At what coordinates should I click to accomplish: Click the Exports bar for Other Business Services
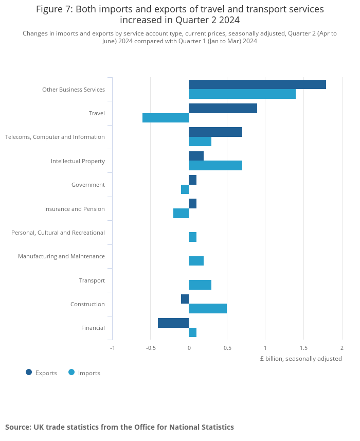(x=257, y=84)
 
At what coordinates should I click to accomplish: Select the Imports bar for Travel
(x=166, y=118)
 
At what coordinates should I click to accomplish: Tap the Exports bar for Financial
(x=173, y=323)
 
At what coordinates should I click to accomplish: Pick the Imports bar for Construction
(x=208, y=308)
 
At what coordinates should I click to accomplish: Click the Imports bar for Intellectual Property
(x=215, y=165)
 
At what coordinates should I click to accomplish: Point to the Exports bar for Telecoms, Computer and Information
(x=215, y=132)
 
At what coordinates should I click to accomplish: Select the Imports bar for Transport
(x=200, y=285)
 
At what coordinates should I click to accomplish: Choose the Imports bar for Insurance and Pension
(x=181, y=213)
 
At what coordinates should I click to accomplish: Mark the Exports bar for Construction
(x=185, y=299)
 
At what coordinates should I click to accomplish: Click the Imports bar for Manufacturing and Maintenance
(x=196, y=261)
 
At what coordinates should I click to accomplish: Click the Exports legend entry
(x=42, y=373)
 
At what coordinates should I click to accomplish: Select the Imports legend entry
(x=84, y=373)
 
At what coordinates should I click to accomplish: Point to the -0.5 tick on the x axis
(x=151, y=348)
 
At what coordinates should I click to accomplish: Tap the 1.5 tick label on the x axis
(x=303, y=348)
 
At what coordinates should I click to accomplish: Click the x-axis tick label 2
(x=342, y=348)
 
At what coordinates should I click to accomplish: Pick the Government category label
(x=88, y=185)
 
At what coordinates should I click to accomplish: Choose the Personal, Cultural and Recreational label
(x=58, y=233)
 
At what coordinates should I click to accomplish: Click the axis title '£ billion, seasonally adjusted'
(x=301, y=359)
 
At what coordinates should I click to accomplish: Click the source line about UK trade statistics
(x=119, y=427)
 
